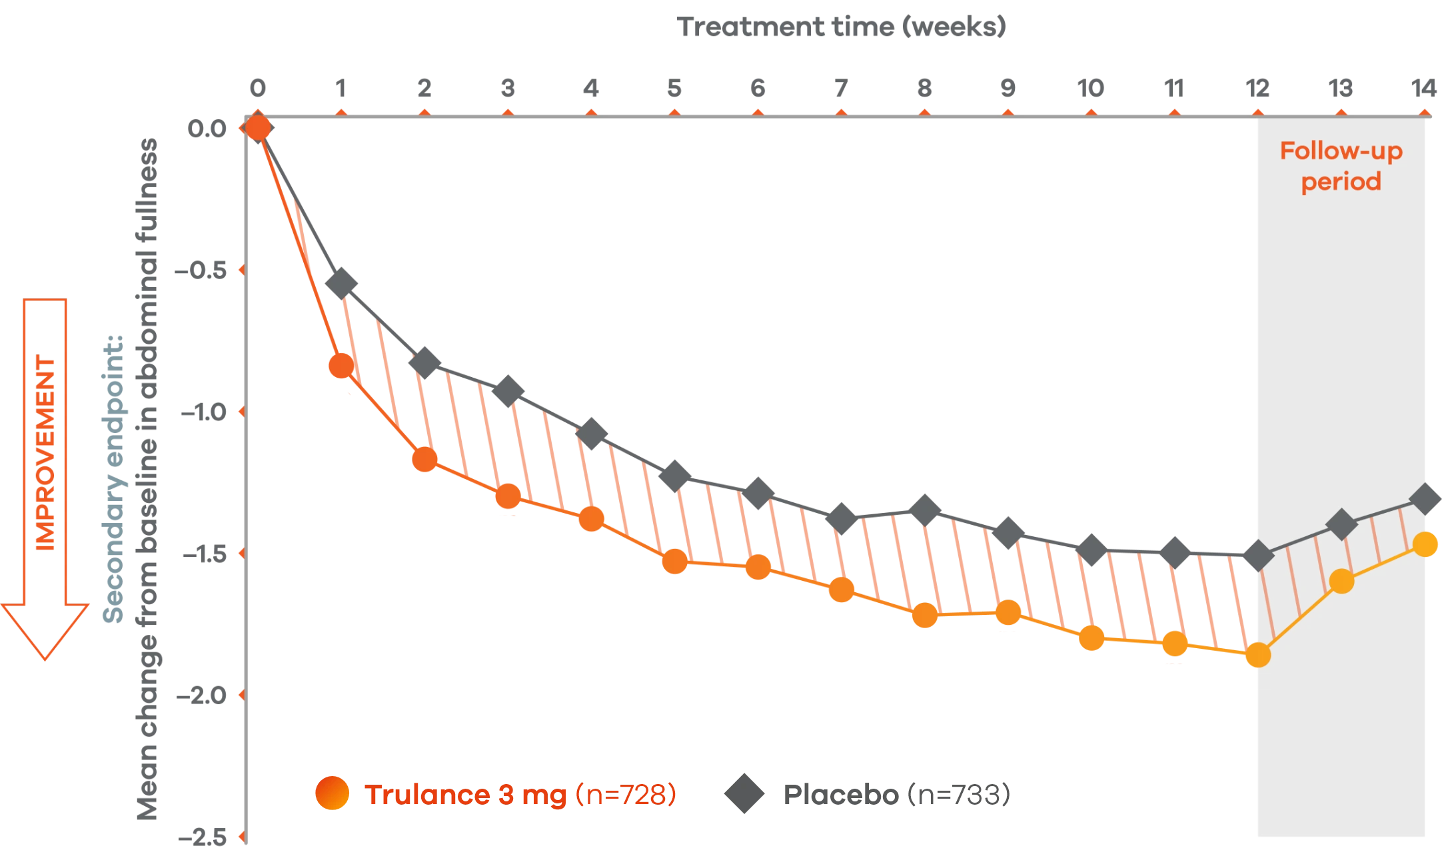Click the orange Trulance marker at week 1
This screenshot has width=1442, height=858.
click(x=342, y=366)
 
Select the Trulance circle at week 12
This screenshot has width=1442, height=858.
click(x=1258, y=655)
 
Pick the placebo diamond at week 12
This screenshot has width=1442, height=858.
click(x=1258, y=555)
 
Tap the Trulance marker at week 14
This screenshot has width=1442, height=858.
click(x=1425, y=545)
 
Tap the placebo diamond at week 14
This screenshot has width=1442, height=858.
click(x=1425, y=498)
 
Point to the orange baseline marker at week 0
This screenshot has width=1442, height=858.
click(x=259, y=127)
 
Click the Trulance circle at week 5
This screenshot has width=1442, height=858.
click(x=675, y=562)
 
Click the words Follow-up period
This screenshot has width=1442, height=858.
click(x=1341, y=167)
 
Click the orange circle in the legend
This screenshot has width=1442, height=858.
click(x=333, y=793)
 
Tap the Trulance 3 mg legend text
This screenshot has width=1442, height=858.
click(x=466, y=794)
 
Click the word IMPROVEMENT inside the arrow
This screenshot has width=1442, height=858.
click(x=46, y=453)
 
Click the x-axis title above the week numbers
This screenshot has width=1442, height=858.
click(x=841, y=28)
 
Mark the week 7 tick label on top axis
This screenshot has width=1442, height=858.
click(x=841, y=87)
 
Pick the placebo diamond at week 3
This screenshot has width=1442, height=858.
click(x=508, y=392)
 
